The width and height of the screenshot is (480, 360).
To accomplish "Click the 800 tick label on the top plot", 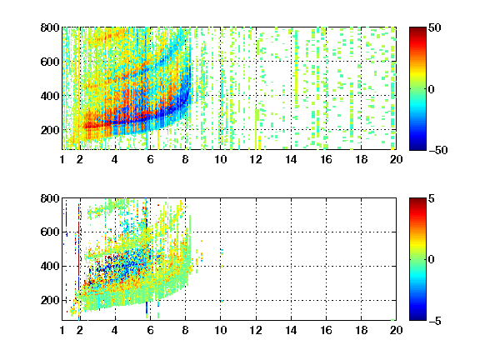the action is click(50, 27).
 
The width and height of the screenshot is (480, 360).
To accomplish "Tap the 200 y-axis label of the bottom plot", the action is click(50, 300).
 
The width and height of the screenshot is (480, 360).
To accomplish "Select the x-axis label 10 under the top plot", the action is click(220, 159).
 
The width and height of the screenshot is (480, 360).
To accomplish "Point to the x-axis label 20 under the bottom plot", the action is click(396, 330).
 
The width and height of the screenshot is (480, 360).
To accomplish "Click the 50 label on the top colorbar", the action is click(435, 27).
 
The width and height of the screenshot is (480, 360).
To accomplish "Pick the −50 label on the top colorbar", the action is click(438, 150).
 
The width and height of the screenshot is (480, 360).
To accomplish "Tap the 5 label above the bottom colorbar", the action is click(432, 198).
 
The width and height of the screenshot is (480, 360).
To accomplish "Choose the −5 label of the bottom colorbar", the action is click(435, 321).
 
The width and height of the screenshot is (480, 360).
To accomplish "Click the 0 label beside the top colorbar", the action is click(432, 89).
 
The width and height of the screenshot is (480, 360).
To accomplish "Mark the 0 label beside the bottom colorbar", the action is click(432, 260).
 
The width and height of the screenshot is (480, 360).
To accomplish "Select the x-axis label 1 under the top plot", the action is click(62, 159).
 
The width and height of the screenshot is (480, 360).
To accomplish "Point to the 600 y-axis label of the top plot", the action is click(50, 62).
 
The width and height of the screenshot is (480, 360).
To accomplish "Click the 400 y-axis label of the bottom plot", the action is click(50, 266).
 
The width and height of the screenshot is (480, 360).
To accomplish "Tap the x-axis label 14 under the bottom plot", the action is click(291, 330).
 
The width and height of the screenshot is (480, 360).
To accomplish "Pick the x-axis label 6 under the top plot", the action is click(150, 159).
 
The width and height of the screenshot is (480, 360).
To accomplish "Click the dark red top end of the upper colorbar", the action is click(417, 29).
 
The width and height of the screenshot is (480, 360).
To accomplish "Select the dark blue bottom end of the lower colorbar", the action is click(417, 318).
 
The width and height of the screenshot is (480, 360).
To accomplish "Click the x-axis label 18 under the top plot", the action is click(361, 159).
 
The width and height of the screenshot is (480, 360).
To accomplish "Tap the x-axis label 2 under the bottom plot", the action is click(80, 330).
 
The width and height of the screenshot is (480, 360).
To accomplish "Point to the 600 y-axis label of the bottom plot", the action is click(50, 232).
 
